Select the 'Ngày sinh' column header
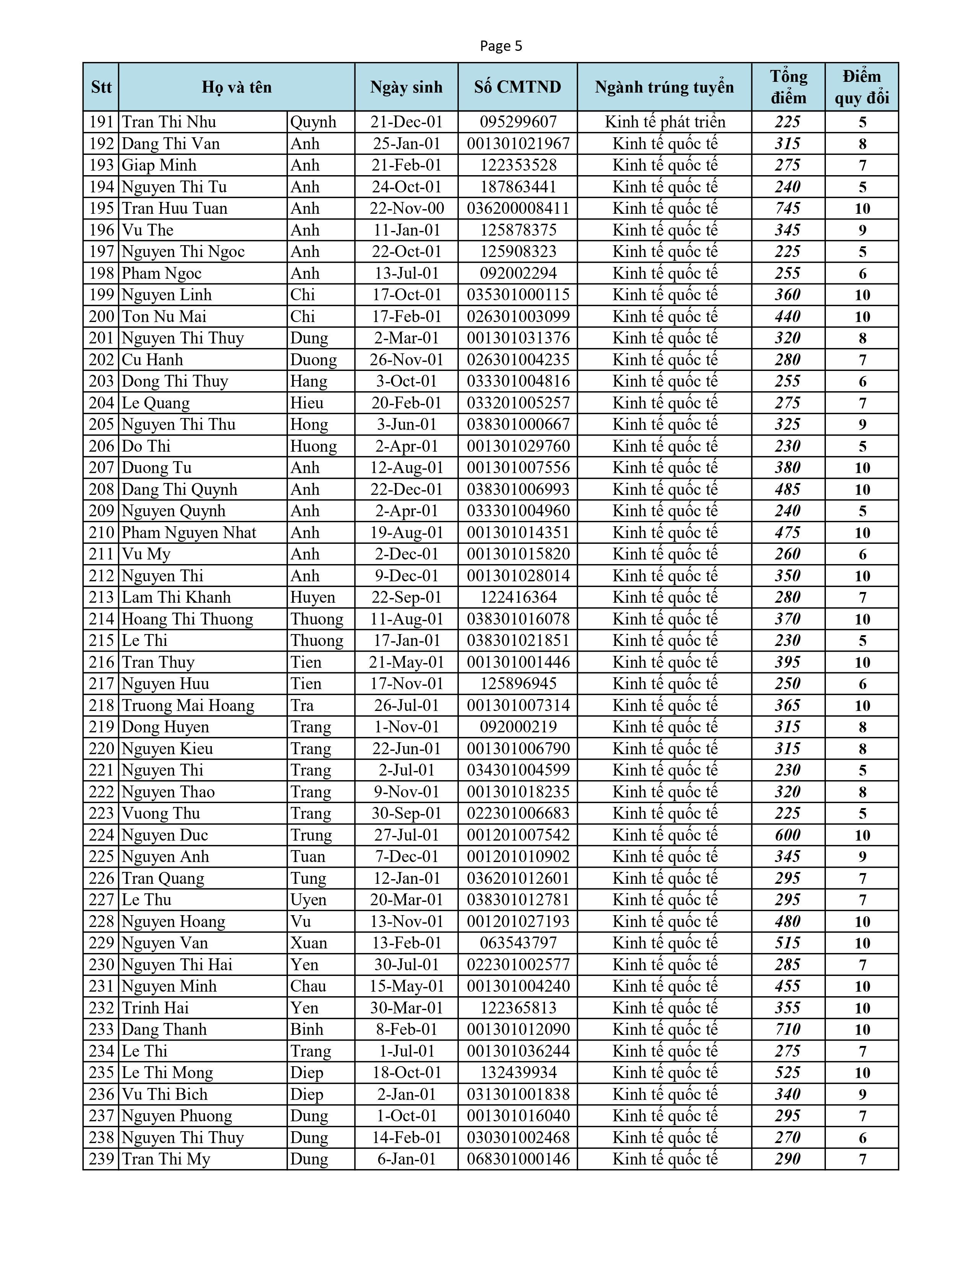[x=406, y=87]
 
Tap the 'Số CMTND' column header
[x=518, y=87]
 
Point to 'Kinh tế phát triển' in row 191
[x=665, y=122]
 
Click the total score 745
[x=788, y=208]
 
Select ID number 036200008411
[x=518, y=208]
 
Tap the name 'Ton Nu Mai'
[x=164, y=317]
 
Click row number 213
[x=102, y=597]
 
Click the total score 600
[x=788, y=835]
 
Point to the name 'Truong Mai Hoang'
[x=188, y=706]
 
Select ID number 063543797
[x=518, y=943]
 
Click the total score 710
[x=788, y=1029]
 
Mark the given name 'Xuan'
[x=309, y=943]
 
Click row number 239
[x=102, y=1159]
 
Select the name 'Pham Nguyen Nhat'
[x=189, y=533]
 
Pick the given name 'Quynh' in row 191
[x=313, y=122]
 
